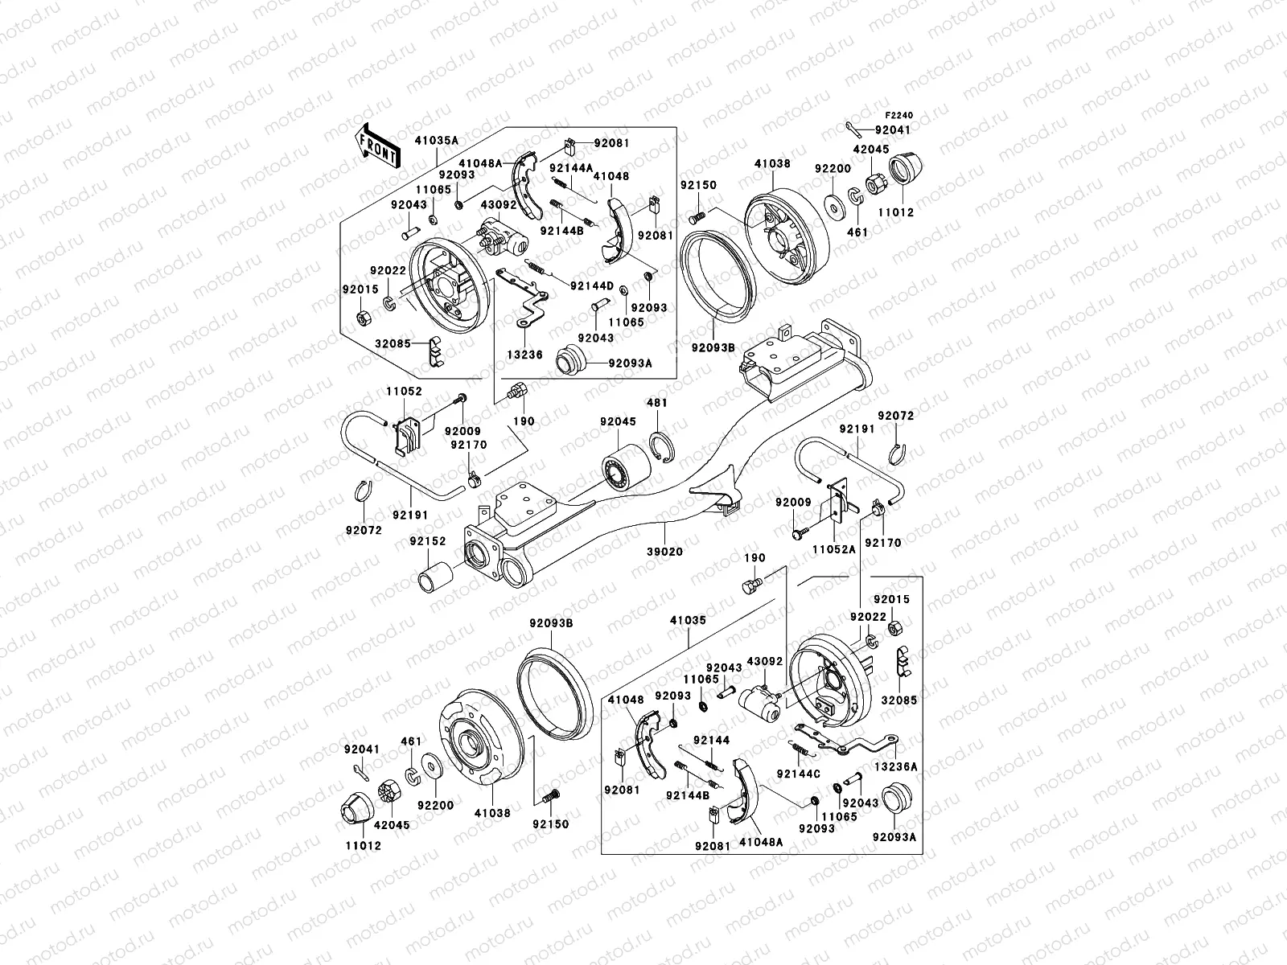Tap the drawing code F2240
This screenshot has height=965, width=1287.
point(900,116)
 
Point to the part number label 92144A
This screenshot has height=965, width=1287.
point(571,167)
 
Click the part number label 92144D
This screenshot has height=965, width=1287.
point(592,285)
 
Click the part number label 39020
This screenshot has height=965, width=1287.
point(665,552)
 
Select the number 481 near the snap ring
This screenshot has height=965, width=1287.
point(657,403)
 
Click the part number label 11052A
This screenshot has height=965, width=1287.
point(832,549)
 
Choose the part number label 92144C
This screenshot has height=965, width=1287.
point(798,774)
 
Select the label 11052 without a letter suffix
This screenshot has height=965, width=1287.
point(403,391)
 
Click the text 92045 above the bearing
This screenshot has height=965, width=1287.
point(617,421)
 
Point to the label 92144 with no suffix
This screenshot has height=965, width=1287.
point(711,740)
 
